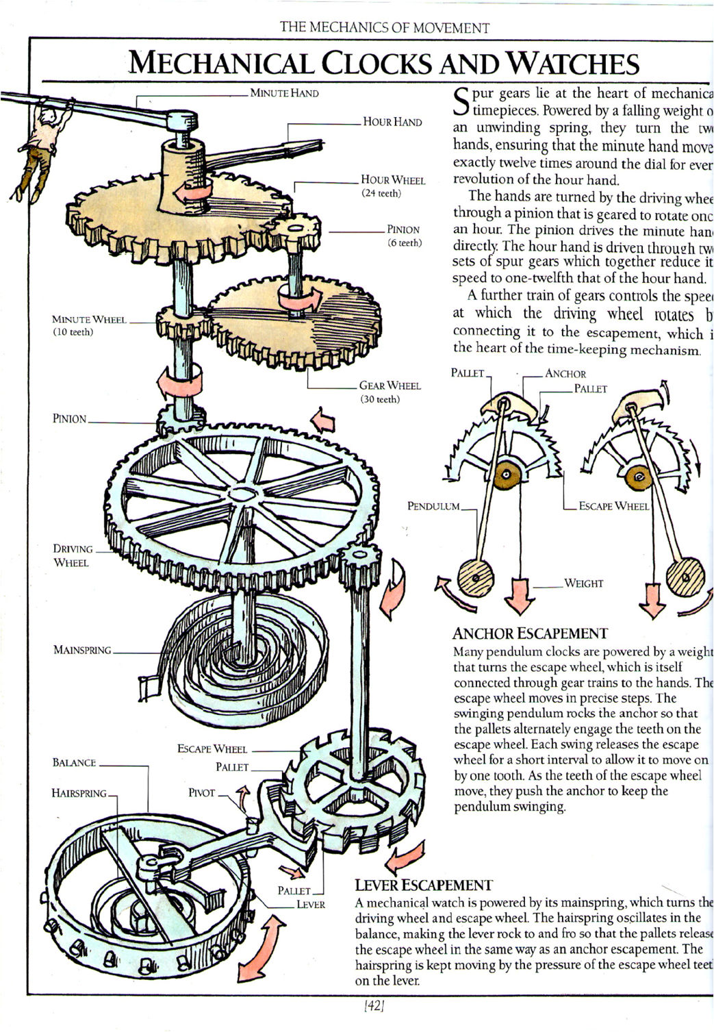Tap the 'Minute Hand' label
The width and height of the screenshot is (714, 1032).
pyautogui.click(x=284, y=93)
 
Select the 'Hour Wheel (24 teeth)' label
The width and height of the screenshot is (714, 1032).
pyautogui.click(x=393, y=186)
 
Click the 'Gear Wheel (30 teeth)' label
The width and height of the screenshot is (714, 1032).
pyautogui.click(x=390, y=392)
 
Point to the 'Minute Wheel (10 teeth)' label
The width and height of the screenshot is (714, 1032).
pyautogui.click(x=89, y=325)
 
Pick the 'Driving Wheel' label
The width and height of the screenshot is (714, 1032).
pyautogui.click(x=73, y=555)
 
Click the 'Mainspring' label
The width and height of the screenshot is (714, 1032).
pyautogui.click(x=82, y=650)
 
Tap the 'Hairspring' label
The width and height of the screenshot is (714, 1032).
pyautogui.click(x=79, y=793)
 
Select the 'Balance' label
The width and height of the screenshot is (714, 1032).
pyautogui.click(x=74, y=763)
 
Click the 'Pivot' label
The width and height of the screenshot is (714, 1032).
pyautogui.click(x=202, y=793)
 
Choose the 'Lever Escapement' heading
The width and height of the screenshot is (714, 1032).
pyautogui.click(x=424, y=885)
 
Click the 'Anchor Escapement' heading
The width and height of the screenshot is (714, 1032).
pyautogui.click(x=530, y=633)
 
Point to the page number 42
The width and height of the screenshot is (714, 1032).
pyautogui.click(x=374, y=1007)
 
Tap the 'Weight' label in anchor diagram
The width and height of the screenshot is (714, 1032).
pyautogui.click(x=583, y=583)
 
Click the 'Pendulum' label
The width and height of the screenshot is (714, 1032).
pyautogui.click(x=433, y=507)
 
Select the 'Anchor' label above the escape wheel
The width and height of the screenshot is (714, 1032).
pyautogui.click(x=565, y=374)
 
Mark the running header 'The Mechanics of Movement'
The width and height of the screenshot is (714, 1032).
pyautogui.click(x=385, y=28)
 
